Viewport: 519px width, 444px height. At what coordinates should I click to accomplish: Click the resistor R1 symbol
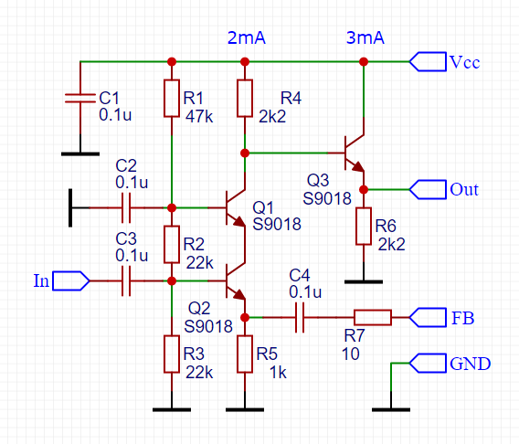(171, 99)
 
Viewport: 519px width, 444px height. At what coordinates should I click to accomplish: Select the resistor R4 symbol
(244, 99)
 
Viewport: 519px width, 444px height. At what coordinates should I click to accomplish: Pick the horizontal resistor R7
(372, 317)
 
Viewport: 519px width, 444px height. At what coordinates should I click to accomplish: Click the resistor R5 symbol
(244, 354)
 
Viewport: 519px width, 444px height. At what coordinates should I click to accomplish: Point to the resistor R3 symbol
(171, 354)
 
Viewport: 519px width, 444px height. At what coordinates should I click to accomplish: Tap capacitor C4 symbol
(299, 317)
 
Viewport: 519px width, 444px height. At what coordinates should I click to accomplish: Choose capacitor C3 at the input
(126, 280)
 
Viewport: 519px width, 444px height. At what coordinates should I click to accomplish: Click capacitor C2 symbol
(126, 207)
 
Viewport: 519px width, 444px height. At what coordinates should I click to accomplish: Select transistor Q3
(353, 153)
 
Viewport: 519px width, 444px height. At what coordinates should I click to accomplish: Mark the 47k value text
(199, 116)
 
